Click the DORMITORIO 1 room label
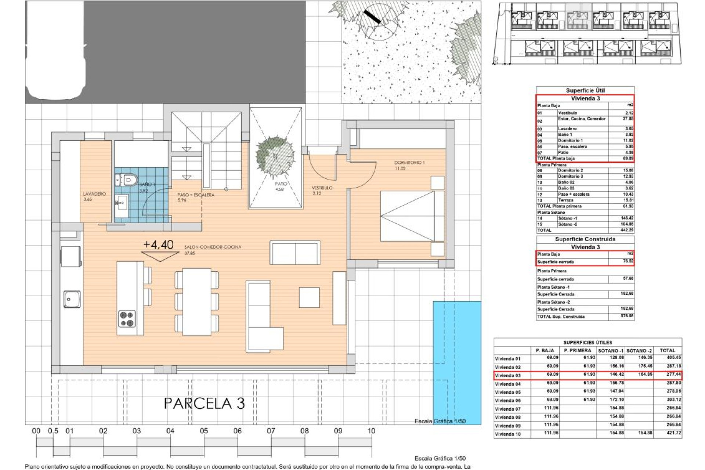[409, 162]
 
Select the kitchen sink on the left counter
[72, 299]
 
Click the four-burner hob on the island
[127, 319]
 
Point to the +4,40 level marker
[159, 245]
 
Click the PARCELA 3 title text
[204, 404]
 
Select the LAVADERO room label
[94, 194]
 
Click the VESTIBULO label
[322, 188]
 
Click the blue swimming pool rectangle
[457, 362]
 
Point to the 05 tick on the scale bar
[204, 431]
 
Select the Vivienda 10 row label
[508, 434]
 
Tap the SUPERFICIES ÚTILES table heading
[587, 342]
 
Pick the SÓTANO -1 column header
[610, 351]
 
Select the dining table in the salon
[197, 301]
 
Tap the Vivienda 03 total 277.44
[673, 375]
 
